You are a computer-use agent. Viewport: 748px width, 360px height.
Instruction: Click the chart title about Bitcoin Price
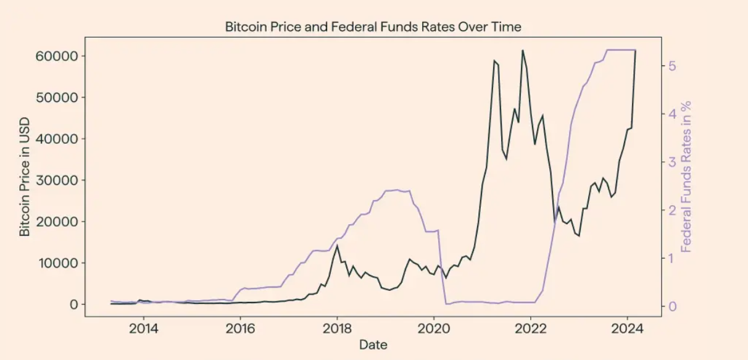373,27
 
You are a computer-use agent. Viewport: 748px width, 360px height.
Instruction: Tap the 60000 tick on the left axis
60,56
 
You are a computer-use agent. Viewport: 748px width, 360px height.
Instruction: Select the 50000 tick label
60,98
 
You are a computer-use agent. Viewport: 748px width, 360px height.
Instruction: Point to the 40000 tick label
60,139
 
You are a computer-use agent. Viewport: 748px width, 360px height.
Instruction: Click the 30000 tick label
60,180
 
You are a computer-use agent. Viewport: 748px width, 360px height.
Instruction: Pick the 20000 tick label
60,222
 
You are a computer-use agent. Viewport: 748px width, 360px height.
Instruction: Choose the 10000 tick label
60,263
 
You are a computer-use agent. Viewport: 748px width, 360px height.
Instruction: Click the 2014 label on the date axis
143,327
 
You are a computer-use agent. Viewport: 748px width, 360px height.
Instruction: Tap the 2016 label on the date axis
240,327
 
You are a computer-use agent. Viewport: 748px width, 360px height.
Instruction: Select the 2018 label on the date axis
337,327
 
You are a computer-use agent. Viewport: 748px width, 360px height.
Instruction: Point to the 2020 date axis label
434,327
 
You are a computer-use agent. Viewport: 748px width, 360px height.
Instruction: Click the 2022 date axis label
531,327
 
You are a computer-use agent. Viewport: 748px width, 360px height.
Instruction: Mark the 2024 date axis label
628,327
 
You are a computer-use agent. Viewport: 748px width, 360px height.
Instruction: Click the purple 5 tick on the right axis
672,65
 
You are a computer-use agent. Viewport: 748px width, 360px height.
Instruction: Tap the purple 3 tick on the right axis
672,162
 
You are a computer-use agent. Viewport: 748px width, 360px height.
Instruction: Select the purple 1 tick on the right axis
672,258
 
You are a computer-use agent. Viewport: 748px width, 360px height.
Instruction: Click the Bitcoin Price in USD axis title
25,178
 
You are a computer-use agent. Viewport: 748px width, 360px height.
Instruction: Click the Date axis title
373,345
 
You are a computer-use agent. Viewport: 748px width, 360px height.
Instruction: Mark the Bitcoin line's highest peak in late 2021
523,51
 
